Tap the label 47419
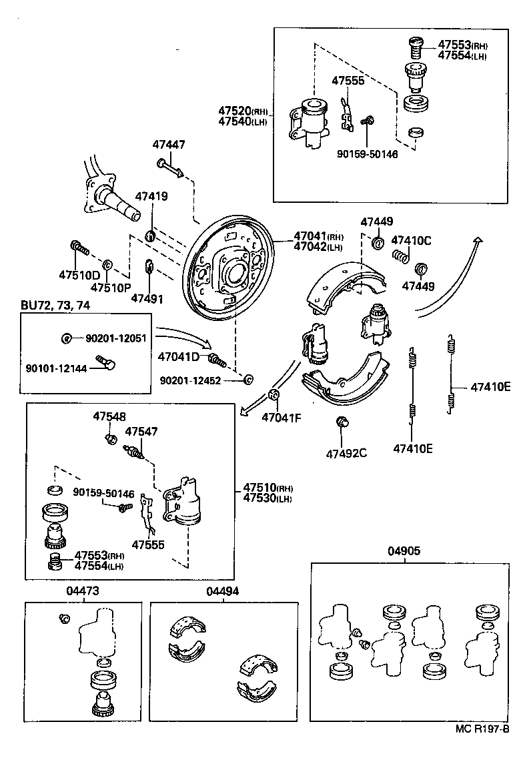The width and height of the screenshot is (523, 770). click(151, 196)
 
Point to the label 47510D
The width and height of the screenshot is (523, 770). click(79, 275)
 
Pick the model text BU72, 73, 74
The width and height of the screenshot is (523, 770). click(55, 305)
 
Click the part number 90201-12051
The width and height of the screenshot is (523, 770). click(115, 338)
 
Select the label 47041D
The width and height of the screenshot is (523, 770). click(179, 357)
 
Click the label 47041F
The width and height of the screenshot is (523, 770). click(281, 418)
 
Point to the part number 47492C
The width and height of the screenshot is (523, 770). click(346, 454)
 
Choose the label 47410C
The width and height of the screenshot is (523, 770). click(411, 240)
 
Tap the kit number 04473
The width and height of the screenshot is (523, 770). click(82, 591)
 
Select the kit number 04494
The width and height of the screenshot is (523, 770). click(222, 591)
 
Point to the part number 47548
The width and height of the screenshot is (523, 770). click(109, 416)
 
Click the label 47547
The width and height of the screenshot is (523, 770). click(141, 432)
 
